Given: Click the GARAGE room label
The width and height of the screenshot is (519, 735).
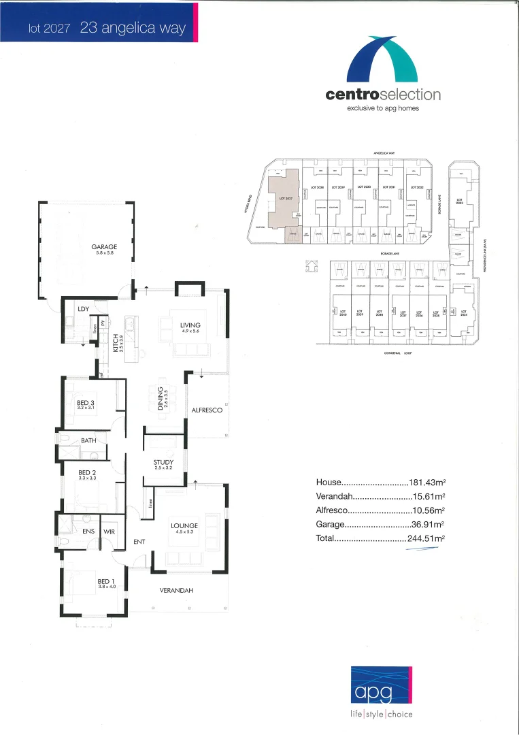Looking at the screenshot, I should tap(105, 247).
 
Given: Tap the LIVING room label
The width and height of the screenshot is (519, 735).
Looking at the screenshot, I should tap(190, 326).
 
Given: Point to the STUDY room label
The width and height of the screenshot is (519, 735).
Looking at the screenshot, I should tap(163, 463).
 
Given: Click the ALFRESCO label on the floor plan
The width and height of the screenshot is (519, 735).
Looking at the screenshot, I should tap(207, 410).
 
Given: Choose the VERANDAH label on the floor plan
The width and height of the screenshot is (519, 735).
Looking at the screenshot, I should tap(176, 590).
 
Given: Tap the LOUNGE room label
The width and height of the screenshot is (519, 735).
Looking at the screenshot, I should tap(184, 525).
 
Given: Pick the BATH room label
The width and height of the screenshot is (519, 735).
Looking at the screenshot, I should tap(88, 441).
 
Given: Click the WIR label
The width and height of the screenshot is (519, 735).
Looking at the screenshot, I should tap(110, 532).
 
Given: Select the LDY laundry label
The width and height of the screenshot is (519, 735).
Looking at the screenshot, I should tap(84, 309).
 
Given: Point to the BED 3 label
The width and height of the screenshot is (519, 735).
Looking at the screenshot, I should tap(86, 403).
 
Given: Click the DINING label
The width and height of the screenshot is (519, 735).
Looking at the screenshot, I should tap(161, 397).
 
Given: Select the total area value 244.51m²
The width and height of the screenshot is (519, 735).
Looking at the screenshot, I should tap(426, 538).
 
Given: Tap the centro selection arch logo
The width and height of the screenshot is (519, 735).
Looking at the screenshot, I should tap(382, 60).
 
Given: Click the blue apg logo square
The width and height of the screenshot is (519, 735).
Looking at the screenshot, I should tap(382, 686).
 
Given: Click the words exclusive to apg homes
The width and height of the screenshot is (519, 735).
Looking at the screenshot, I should tap(383, 108).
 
